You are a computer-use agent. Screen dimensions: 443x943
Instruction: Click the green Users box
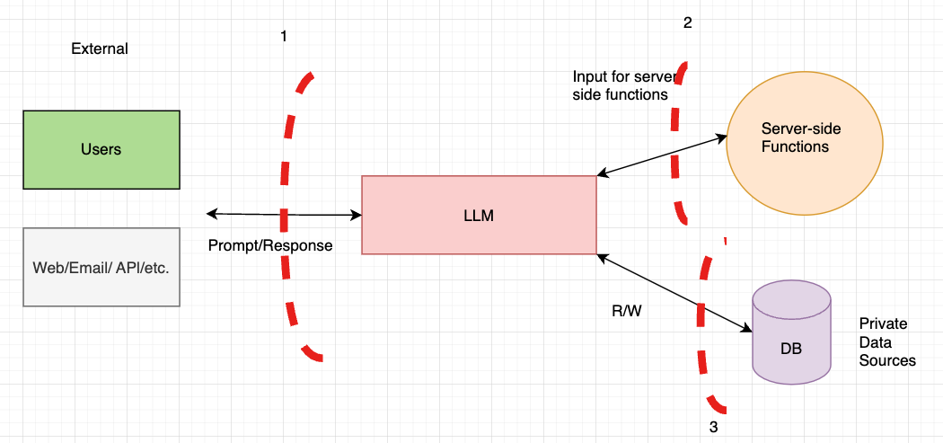pos(101,149)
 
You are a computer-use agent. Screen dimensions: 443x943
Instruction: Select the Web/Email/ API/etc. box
pos(101,267)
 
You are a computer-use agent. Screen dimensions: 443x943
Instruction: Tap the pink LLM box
pos(479,216)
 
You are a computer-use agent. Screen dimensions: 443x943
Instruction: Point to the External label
pos(100,49)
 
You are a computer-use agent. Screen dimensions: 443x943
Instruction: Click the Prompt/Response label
pos(269,245)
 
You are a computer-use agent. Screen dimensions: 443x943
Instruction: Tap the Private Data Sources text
pos(886,341)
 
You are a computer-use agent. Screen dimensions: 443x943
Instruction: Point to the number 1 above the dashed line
pos(284,37)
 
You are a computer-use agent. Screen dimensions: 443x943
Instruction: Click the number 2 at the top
pos(687,23)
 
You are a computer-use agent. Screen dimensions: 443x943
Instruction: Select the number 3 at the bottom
pos(713,427)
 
